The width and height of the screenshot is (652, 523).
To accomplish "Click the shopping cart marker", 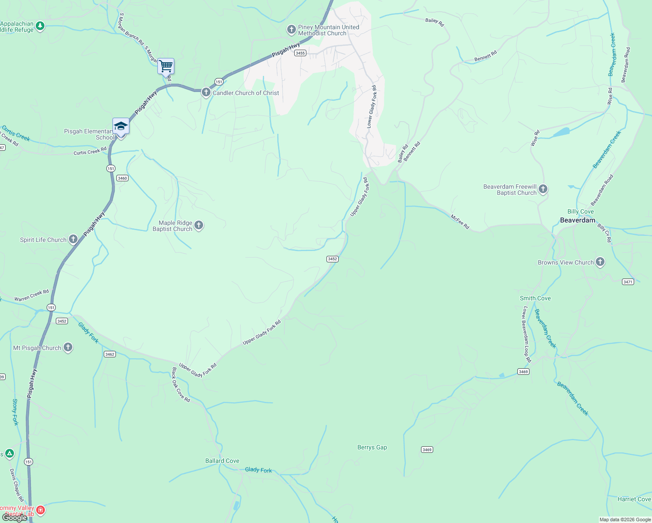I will coord(166,67).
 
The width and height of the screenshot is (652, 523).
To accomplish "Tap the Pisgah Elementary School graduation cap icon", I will coord(121,126).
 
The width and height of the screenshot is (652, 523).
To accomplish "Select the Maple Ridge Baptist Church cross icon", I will coord(199,225).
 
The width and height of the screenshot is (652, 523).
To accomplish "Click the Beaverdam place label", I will coord(577,221).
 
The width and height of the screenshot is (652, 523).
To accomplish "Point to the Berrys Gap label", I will coord(372,448).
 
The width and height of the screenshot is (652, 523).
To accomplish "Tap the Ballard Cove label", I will coord(222,461).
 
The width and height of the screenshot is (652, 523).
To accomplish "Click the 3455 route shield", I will coord(300,53).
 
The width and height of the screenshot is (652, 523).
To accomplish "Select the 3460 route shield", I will coord(122,178).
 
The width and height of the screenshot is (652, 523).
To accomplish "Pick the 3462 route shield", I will coord(110,354).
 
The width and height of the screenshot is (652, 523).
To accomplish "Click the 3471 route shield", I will coord(628,282).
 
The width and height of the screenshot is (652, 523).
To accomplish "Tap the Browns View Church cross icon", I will coord(600,262).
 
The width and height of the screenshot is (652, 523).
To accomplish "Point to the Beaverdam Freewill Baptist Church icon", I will coord(543,189).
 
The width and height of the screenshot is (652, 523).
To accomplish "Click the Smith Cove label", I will coord(535,299).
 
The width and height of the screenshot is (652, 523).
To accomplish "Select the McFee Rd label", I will coord(460,222).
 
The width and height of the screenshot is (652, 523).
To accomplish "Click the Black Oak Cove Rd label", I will coord(181,385).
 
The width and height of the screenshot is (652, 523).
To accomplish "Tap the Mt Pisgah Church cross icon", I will coord(68,347).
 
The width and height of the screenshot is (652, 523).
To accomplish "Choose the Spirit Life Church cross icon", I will coord(73,239).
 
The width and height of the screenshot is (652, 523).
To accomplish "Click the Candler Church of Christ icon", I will coord(206,92).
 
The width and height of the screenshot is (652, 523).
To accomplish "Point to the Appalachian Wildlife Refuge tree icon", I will coord(40,26).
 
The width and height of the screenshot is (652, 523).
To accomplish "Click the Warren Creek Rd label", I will coord(31,295).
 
